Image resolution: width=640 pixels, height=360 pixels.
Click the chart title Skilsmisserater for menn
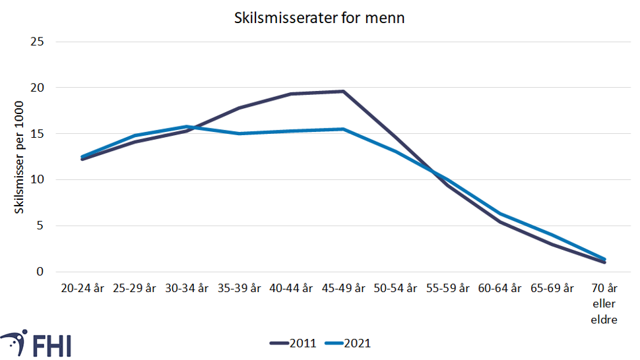(319, 18)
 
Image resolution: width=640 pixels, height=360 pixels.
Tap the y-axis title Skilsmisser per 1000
(20, 157)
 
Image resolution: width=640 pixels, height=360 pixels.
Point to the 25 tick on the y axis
(38, 42)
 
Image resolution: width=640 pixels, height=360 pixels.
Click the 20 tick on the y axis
(38, 88)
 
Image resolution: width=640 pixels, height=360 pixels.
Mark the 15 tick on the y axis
(38, 134)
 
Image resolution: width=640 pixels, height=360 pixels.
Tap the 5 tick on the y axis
(41, 225)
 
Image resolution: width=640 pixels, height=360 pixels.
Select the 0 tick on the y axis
(41, 272)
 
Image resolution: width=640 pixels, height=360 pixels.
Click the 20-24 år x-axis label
(82, 288)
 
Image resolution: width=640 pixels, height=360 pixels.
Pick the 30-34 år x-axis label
(187, 288)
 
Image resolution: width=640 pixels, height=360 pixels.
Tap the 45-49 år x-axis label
(344, 288)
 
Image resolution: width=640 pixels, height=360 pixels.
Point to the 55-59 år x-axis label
(448, 288)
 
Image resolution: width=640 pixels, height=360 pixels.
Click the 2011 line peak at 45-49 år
(344, 91)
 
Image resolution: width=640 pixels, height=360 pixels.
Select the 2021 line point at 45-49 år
(344, 129)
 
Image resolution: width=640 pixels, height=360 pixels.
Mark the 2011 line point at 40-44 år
(292, 94)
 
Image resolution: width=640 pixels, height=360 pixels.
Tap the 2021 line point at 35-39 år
(239, 133)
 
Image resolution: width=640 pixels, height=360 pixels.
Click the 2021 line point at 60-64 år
(501, 214)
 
